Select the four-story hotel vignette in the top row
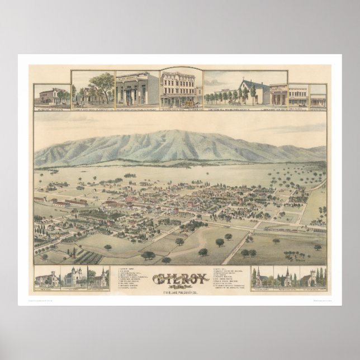(x=180, y=88)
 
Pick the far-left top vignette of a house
(x=52, y=96)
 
